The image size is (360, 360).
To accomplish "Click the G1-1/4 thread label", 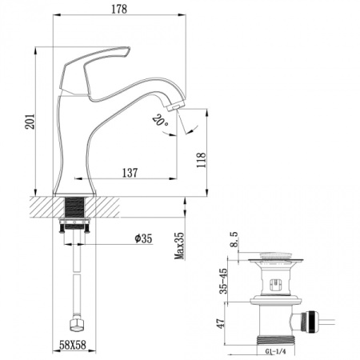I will pyautogui.click(x=276, y=350).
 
